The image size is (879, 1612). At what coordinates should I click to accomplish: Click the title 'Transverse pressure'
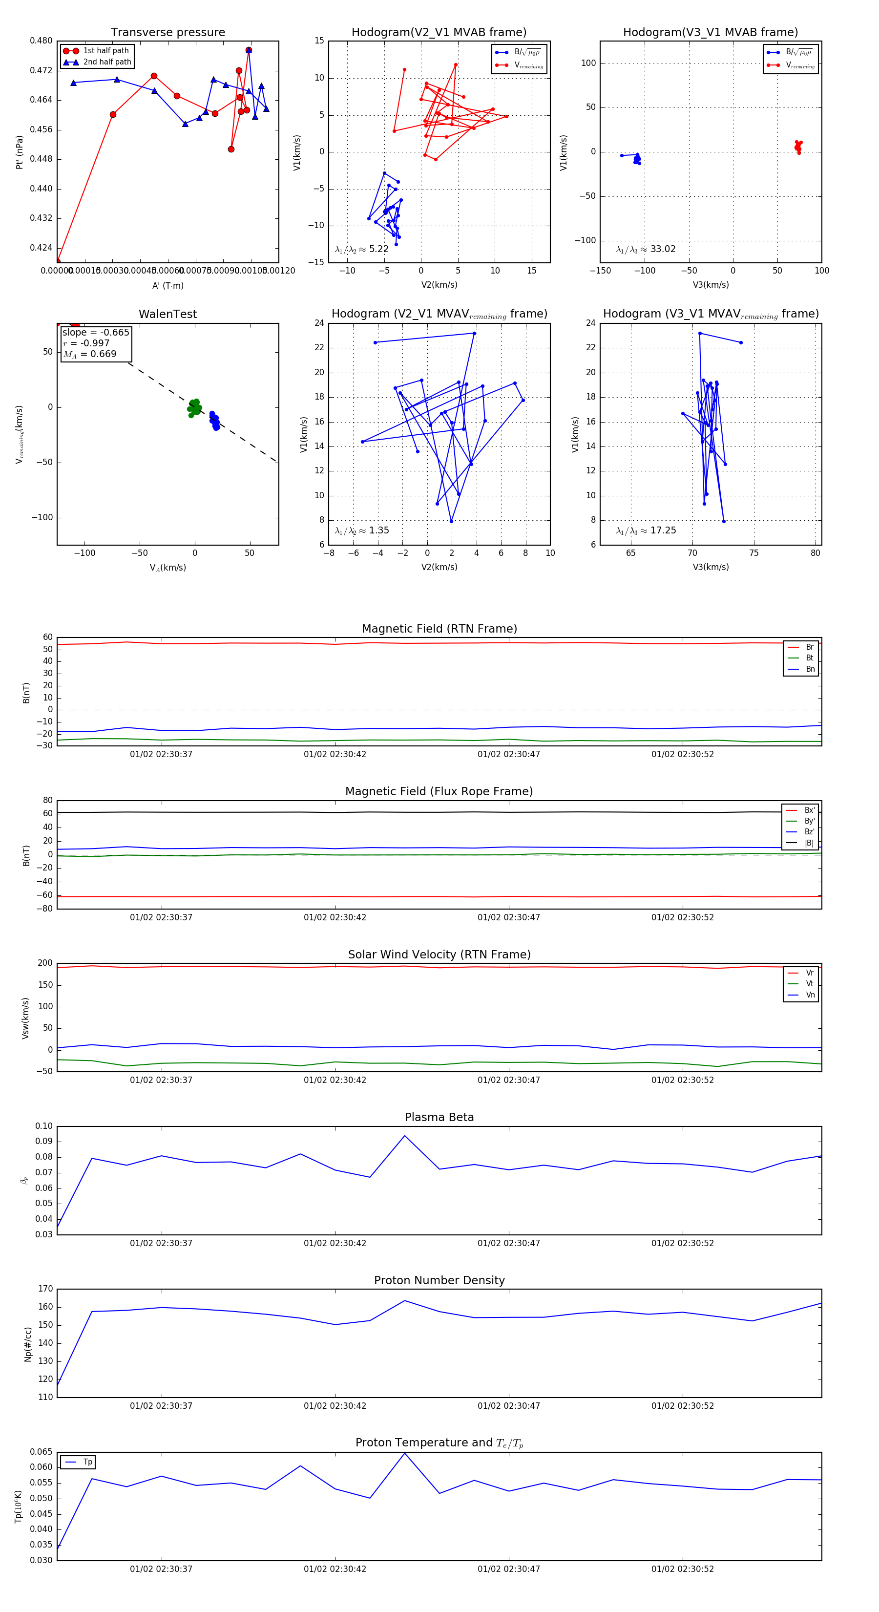[x=167, y=33]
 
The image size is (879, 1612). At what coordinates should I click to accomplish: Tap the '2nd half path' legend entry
[x=107, y=62]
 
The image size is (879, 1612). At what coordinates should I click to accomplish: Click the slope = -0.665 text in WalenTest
[x=96, y=332]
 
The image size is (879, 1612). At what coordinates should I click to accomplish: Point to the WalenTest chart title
[x=167, y=314]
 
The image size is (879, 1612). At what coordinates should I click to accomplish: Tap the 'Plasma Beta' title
[x=439, y=1118]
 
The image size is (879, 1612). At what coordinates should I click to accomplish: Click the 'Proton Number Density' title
[x=439, y=1280]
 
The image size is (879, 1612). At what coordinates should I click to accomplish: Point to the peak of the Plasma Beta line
[x=405, y=1136]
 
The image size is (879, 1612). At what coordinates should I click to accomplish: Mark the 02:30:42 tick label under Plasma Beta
[x=335, y=1243]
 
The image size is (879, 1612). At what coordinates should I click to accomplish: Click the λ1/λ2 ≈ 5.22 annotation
[x=361, y=249]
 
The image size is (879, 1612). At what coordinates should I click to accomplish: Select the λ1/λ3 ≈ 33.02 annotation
[x=646, y=249]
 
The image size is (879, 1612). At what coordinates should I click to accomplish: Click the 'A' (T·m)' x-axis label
[x=167, y=285]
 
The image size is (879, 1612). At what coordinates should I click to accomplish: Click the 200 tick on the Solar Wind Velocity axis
[x=45, y=963]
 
